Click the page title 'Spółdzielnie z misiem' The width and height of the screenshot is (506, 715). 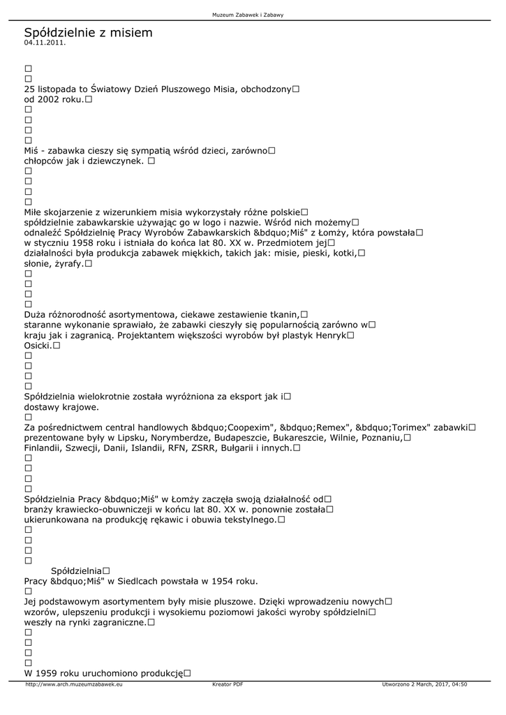(x=88, y=33)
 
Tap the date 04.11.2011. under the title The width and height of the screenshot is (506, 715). (x=45, y=43)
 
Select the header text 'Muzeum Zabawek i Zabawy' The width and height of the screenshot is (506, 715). (x=253, y=15)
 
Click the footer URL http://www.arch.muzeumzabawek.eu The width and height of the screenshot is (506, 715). (x=74, y=685)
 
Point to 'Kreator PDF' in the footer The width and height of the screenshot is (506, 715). (x=228, y=685)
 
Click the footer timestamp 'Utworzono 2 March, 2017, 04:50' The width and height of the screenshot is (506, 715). (x=424, y=685)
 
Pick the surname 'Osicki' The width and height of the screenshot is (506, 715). (x=37, y=345)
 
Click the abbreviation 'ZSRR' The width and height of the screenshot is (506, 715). (x=228, y=448)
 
